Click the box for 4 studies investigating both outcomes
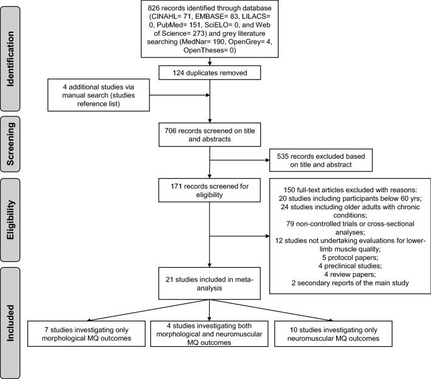210,333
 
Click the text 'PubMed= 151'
181,26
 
